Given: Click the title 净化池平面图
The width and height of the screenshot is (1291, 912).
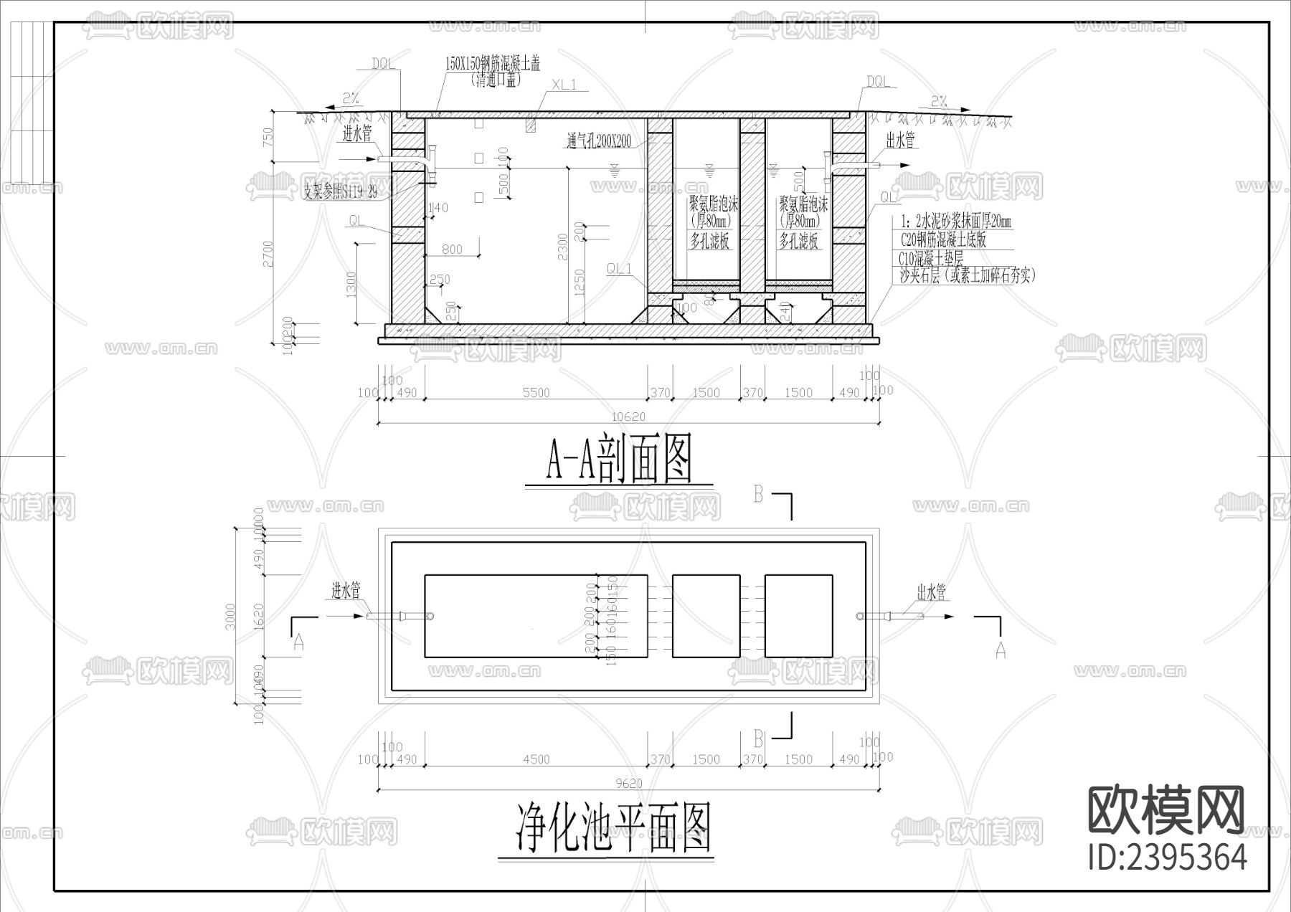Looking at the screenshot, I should click(614, 827).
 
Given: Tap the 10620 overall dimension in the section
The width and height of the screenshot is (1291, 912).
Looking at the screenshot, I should click(628, 417).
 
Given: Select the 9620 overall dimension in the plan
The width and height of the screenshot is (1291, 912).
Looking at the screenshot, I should click(628, 784).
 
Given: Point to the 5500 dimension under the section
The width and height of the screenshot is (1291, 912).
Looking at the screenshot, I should click(536, 392).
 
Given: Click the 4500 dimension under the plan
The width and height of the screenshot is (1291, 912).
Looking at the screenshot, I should click(536, 759).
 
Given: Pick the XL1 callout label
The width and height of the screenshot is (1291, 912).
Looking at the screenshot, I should click(564, 85).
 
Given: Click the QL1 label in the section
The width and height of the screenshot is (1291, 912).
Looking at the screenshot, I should click(620, 269).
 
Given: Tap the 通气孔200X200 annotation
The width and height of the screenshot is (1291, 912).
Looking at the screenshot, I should click(599, 141).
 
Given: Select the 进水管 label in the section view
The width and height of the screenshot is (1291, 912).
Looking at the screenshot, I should click(356, 134).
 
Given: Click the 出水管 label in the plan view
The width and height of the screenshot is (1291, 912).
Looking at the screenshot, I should click(932, 592).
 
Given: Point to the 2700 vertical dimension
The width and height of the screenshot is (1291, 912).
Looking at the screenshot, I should click(268, 254).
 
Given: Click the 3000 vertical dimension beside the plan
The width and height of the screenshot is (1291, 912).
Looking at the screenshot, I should click(230, 617).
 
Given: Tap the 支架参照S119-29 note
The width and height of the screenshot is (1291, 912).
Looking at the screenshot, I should click(340, 191).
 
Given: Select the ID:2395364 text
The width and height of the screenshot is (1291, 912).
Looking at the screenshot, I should click(1167, 857).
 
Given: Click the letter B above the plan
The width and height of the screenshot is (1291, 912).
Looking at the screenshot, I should click(759, 494).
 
